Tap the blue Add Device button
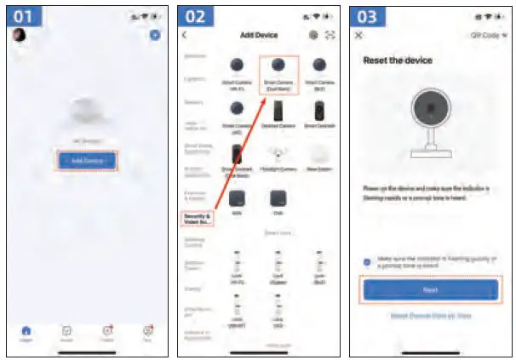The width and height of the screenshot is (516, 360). [87, 160]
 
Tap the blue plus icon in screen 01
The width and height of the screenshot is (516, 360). [154, 35]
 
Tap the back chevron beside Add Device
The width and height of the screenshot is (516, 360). [185, 35]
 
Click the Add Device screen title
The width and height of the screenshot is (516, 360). [258, 35]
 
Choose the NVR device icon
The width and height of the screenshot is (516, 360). [238, 198]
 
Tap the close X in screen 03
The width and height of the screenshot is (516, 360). [358, 35]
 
